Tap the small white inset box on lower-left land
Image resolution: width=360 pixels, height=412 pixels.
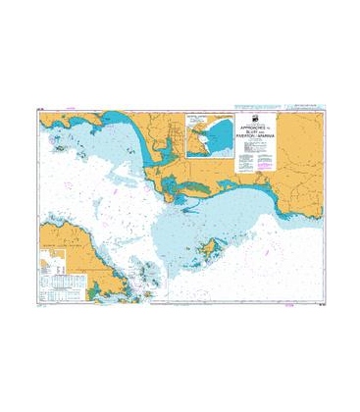[x=45, y=263]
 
